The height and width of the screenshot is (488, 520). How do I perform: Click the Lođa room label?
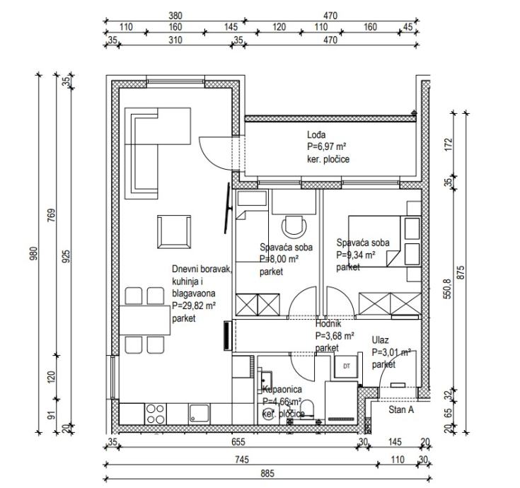click(x=316, y=135)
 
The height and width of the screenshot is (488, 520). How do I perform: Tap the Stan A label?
click(x=400, y=409)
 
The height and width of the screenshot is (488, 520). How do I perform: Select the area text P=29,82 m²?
click(x=194, y=306)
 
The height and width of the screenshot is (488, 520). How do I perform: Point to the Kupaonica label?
click(x=282, y=390)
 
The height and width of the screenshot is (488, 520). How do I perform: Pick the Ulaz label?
click(x=380, y=341)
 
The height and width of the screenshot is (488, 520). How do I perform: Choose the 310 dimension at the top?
click(x=175, y=40)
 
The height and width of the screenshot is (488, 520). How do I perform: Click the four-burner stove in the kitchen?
click(x=155, y=412)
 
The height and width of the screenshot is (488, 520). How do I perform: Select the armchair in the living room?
click(x=173, y=231)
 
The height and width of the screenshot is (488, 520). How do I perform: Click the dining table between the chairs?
click(x=140, y=319)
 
